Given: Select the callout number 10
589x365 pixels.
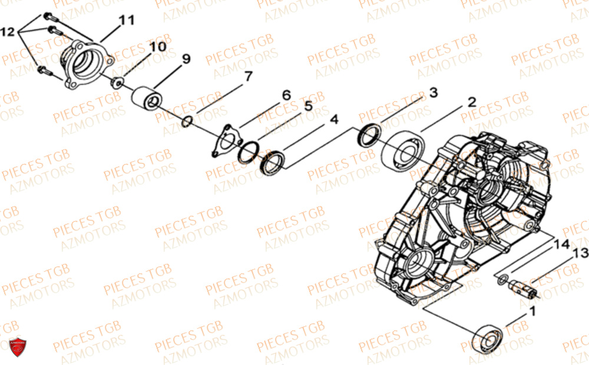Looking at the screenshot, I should pyautogui.click(x=157, y=46).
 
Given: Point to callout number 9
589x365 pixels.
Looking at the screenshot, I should pyautogui.click(x=186, y=59).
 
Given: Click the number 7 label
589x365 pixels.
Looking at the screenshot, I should pyautogui.click(x=248, y=76).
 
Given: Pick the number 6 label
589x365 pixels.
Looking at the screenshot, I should pyautogui.click(x=286, y=95).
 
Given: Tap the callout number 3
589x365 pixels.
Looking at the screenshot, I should pyautogui.click(x=433, y=92).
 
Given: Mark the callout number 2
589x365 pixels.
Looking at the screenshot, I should pyautogui.click(x=471, y=102).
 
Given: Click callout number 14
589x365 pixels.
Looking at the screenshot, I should pyautogui.click(x=562, y=242).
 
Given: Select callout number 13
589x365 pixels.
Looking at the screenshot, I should pyautogui.click(x=581, y=253).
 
